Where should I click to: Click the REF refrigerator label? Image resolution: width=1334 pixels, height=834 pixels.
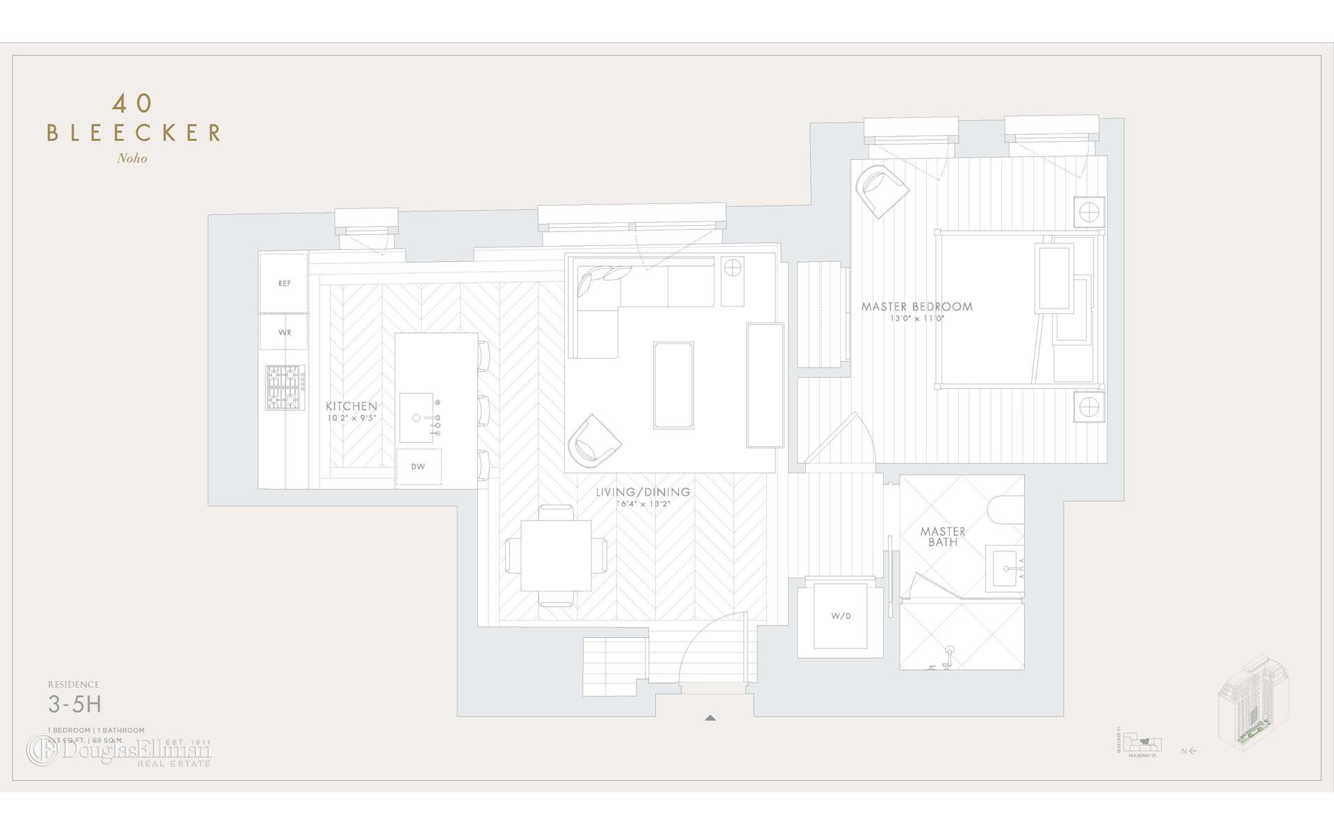(x=284, y=284)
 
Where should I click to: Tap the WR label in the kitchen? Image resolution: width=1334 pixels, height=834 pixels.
(x=284, y=332)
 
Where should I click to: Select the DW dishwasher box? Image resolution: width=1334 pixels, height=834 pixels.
(x=418, y=466)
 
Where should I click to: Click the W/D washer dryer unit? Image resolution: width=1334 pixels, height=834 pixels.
(x=840, y=616)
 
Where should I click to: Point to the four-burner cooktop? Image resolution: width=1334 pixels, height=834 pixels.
(x=284, y=388)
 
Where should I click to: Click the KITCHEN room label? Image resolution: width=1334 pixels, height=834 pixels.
(x=352, y=406)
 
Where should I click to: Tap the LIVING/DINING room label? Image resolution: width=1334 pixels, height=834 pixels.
(x=643, y=492)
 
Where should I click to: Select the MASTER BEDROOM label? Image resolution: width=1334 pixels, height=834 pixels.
(x=916, y=306)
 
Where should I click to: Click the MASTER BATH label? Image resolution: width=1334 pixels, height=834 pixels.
(x=943, y=536)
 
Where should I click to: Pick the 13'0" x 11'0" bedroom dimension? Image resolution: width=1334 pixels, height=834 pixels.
(x=917, y=319)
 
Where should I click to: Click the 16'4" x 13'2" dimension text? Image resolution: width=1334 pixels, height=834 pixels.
(x=643, y=504)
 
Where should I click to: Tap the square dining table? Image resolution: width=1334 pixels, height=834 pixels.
(x=556, y=555)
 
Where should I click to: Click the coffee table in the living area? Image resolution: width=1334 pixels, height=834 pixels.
(x=673, y=384)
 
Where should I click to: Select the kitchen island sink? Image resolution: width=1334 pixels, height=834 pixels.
(x=418, y=418)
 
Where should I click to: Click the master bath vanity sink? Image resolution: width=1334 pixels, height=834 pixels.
(x=1005, y=568)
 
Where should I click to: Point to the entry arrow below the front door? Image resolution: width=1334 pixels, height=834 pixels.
(x=710, y=718)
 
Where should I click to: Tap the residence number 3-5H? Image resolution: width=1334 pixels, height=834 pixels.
(x=75, y=704)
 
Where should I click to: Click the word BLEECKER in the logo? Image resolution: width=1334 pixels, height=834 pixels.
(x=133, y=132)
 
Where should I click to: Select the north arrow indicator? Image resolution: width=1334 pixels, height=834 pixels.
(x=1189, y=751)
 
